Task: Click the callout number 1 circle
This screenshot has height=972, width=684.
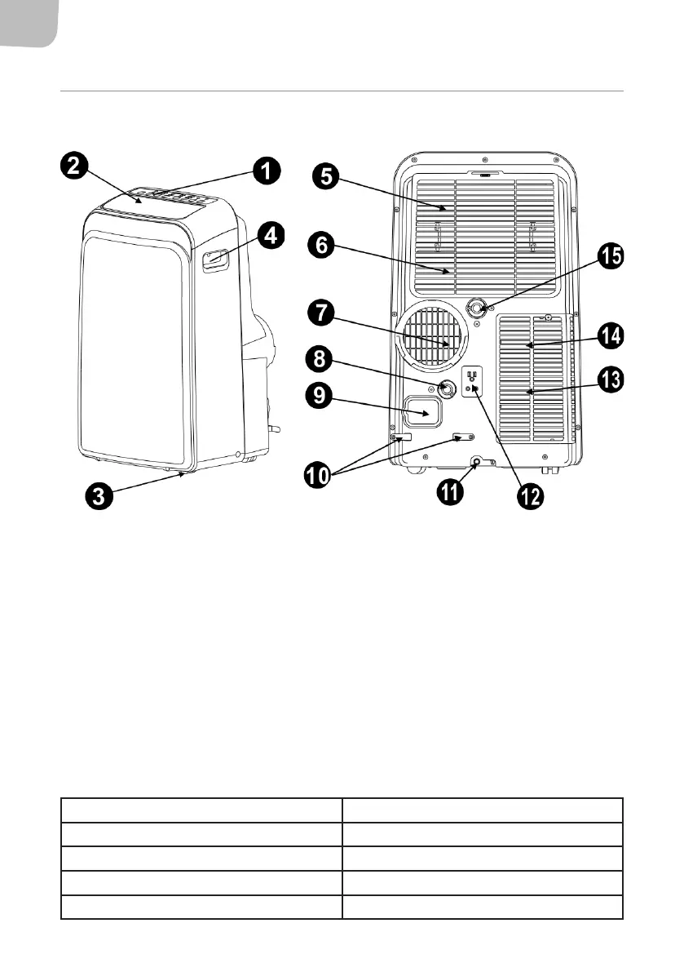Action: pyautogui.click(x=265, y=171)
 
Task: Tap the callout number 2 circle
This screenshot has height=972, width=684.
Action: pyautogui.click(x=73, y=166)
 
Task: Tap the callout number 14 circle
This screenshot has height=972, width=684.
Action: pyautogui.click(x=611, y=335)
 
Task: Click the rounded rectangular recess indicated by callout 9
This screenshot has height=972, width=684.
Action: pyautogui.click(x=425, y=411)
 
